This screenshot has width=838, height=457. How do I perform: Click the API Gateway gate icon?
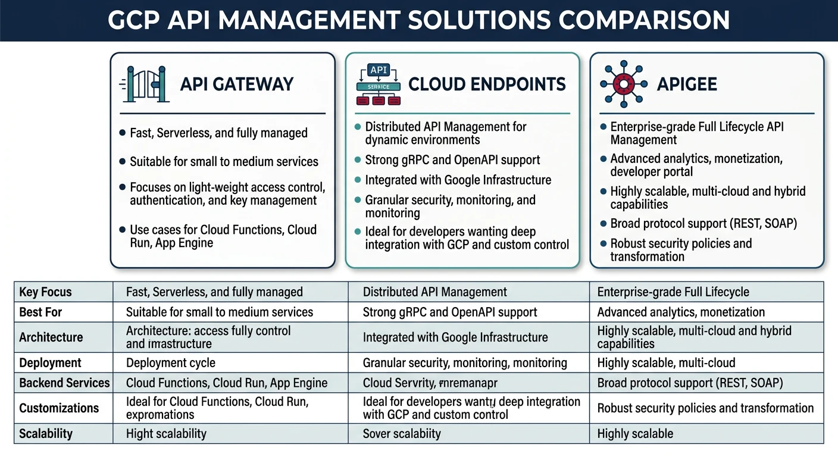(x=143, y=84)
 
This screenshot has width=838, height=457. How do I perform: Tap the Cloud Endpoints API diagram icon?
(x=379, y=84)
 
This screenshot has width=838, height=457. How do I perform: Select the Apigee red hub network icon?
(x=623, y=84)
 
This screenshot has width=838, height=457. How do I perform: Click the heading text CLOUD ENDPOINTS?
(x=487, y=84)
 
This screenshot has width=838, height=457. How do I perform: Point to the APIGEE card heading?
(x=687, y=84)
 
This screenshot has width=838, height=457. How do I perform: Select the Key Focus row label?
(x=45, y=292)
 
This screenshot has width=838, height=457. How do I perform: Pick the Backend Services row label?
(x=64, y=383)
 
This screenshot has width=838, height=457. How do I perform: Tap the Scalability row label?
(x=45, y=433)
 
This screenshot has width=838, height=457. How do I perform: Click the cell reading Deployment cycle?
(x=171, y=362)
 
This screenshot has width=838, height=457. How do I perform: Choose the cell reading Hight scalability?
(x=166, y=433)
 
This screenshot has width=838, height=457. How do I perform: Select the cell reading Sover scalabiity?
(x=402, y=433)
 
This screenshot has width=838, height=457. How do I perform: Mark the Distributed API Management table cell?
(x=435, y=292)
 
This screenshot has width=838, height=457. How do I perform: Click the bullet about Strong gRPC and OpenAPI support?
(x=452, y=160)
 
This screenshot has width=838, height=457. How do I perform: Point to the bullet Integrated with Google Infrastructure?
(x=458, y=180)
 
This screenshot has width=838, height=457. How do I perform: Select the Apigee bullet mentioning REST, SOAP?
(x=703, y=224)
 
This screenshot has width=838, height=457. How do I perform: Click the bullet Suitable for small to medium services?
(x=224, y=161)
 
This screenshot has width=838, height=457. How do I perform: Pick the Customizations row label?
(x=59, y=408)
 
